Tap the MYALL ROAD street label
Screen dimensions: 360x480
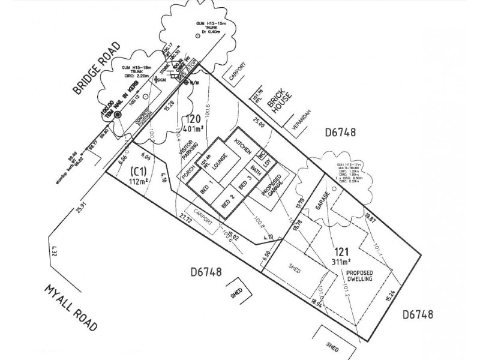(71, 307)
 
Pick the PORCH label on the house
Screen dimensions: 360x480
(188, 174)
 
